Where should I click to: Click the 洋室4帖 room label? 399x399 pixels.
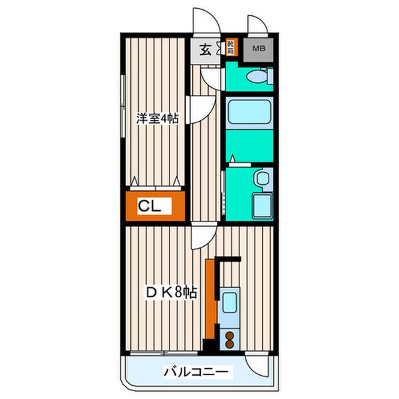point(158,118)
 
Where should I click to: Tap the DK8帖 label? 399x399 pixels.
point(171,291)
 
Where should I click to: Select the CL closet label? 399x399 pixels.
point(150,206)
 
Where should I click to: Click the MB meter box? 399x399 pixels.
point(255,49)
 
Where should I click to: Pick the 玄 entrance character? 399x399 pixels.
point(205,50)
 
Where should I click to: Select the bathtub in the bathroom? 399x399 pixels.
point(249,112)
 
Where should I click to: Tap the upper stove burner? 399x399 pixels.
point(230,335)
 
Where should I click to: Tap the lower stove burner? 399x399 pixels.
point(230,344)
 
